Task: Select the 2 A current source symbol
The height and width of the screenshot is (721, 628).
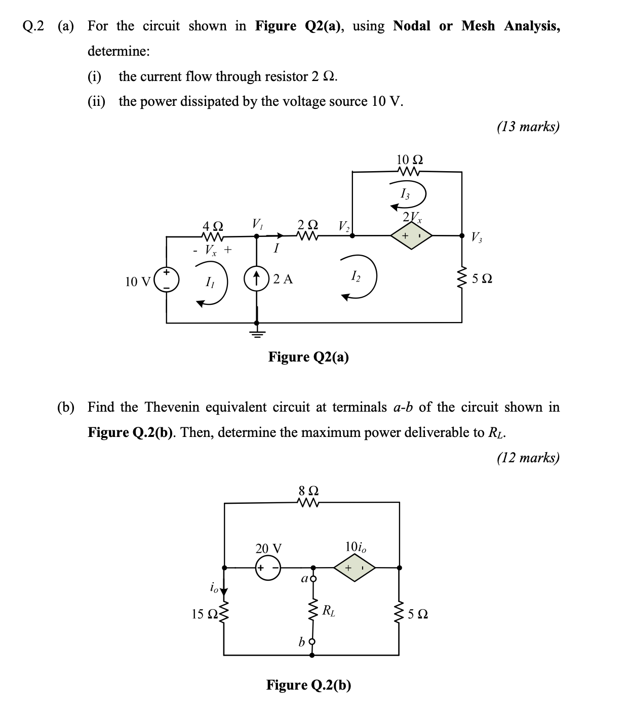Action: (257, 278)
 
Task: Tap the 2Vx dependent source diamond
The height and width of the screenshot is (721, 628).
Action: (411, 235)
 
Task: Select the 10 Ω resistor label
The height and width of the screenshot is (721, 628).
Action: (410, 159)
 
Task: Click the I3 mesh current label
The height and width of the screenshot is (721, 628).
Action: (405, 193)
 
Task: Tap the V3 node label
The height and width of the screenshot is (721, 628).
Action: (476, 236)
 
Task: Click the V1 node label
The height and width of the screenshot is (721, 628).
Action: (257, 223)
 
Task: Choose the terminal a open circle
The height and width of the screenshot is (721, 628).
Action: (312, 578)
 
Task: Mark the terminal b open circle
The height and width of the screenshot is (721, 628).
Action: (312, 642)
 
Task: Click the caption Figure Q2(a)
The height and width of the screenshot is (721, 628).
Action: (308, 357)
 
